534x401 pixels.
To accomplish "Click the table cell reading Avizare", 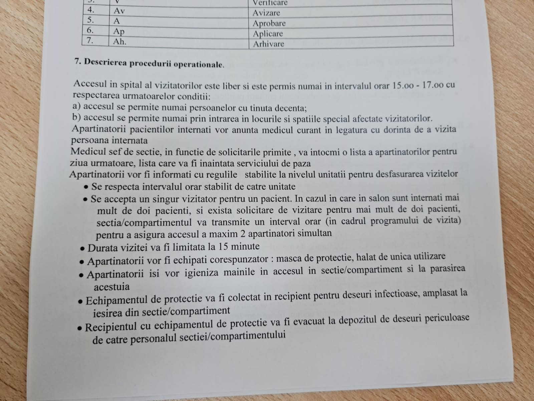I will coord(266,13).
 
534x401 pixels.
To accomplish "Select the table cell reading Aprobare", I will coord(269,23).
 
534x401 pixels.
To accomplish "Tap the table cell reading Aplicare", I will coord(268,34).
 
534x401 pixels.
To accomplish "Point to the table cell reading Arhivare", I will coord(268,44).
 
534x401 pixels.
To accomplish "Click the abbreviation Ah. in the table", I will coord(120,42).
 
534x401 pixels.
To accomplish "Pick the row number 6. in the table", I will coord(90,31).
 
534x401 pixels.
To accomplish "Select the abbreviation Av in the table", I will coord(119,11).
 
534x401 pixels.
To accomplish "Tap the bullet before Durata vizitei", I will coord(82,249).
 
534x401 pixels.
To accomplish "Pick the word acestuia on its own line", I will coord(111,287).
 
